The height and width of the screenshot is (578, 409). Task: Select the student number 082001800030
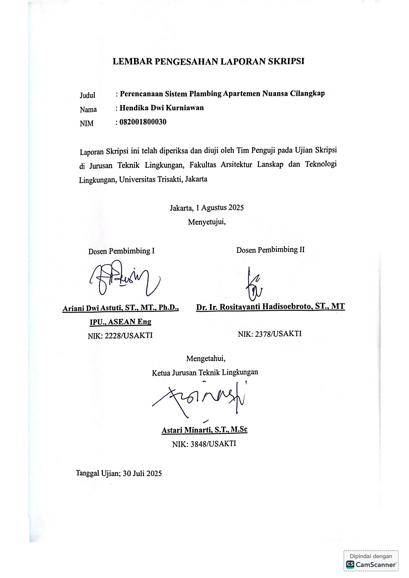pos(143,122)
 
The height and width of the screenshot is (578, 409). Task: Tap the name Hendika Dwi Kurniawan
pos(162,108)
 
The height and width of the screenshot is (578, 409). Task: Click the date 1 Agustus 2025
pos(220,208)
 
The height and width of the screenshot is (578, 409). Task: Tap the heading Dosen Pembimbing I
pos(121,251)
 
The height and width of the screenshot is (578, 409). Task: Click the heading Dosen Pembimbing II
pos(270,250)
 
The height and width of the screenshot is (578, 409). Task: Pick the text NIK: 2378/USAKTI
pos(270,334)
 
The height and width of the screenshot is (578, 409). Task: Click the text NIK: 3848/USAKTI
pos(204,444)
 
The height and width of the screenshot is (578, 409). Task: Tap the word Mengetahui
pos(206,359)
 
